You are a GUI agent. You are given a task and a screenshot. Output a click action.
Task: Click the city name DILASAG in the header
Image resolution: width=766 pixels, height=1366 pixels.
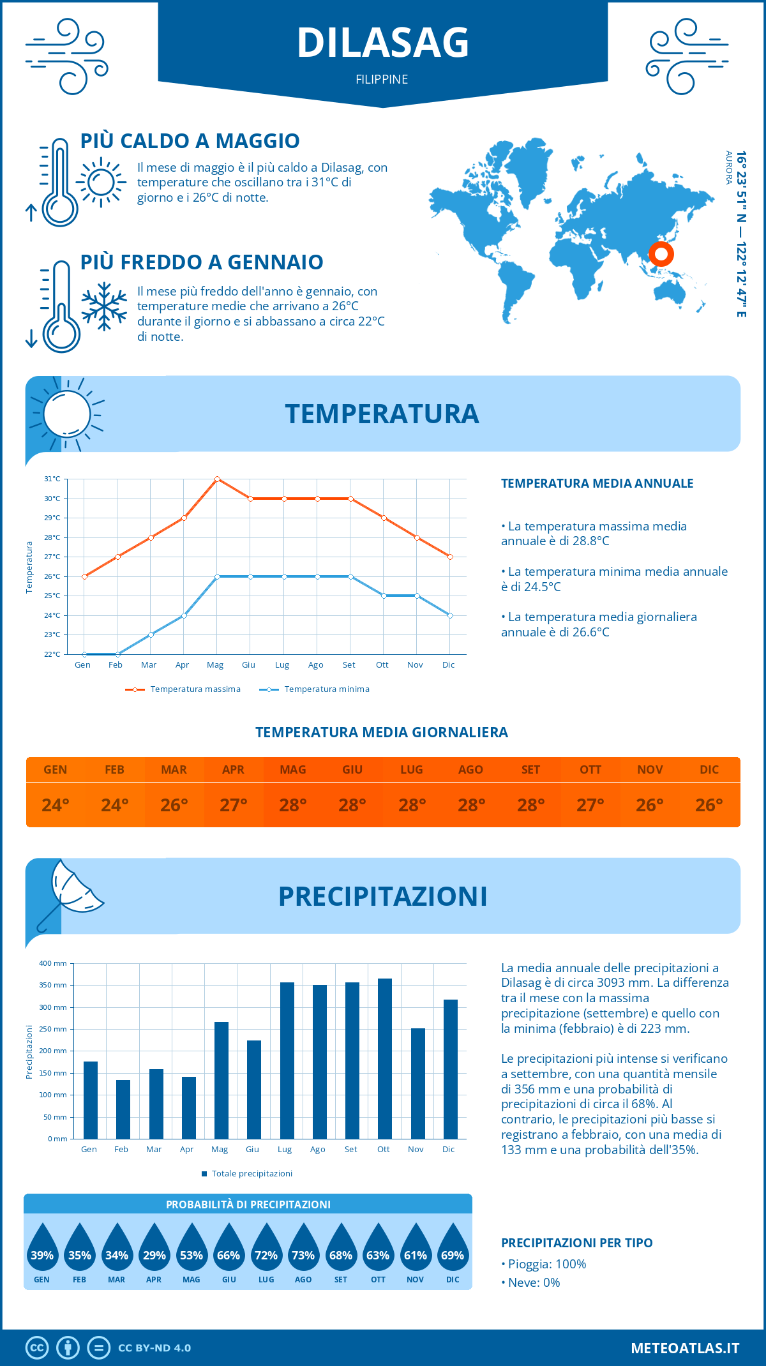(383, 43)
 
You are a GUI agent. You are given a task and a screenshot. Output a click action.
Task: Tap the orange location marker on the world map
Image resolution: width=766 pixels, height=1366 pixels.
(661, 254)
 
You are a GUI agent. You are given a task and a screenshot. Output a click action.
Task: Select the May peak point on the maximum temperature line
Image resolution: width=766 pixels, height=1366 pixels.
(218, 479)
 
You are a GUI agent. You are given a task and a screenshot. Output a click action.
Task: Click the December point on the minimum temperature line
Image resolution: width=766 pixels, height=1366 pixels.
(450, 615)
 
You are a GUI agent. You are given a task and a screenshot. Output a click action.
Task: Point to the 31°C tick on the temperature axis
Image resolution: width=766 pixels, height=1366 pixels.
(52, 479)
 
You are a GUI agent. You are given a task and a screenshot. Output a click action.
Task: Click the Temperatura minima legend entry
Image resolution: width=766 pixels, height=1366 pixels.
(315, 689)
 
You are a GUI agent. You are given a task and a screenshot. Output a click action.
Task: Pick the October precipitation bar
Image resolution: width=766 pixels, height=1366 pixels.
(384, 1058)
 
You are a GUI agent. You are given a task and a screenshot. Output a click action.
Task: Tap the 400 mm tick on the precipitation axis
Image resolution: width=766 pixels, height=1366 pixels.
(54, 963)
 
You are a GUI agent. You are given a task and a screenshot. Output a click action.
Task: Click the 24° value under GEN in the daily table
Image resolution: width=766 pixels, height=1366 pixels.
(56, 805)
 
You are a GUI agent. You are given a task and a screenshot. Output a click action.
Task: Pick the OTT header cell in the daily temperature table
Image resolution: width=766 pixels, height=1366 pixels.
(590, 770)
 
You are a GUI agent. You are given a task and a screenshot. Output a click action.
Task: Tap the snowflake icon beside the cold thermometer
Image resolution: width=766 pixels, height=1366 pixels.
(104, 306)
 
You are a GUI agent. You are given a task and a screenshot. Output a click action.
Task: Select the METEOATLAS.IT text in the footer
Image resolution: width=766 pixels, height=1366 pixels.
(685, 1348)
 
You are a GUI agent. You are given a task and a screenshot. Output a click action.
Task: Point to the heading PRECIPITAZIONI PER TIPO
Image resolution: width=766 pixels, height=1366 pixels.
(576, 1243)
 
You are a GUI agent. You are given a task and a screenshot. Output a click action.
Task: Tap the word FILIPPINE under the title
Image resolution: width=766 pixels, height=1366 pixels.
(382, 80)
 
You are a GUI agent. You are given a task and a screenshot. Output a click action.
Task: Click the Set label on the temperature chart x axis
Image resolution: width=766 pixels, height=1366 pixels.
(349, 665)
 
